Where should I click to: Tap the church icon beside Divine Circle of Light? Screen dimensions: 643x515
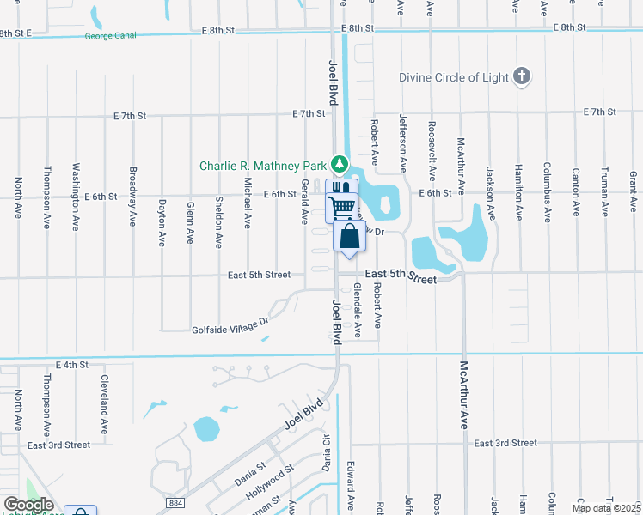521,77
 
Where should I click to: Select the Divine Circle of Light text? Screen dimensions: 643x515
452,77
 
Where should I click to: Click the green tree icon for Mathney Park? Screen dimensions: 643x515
340,163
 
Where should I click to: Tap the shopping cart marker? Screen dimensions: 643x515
341,206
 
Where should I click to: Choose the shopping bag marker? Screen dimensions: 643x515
349,237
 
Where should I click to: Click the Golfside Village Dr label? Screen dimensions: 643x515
230,326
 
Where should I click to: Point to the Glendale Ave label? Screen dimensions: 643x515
358,306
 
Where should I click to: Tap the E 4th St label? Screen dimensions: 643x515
72,365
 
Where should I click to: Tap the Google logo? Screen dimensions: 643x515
28,505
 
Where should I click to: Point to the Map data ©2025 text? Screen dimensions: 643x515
606,508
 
